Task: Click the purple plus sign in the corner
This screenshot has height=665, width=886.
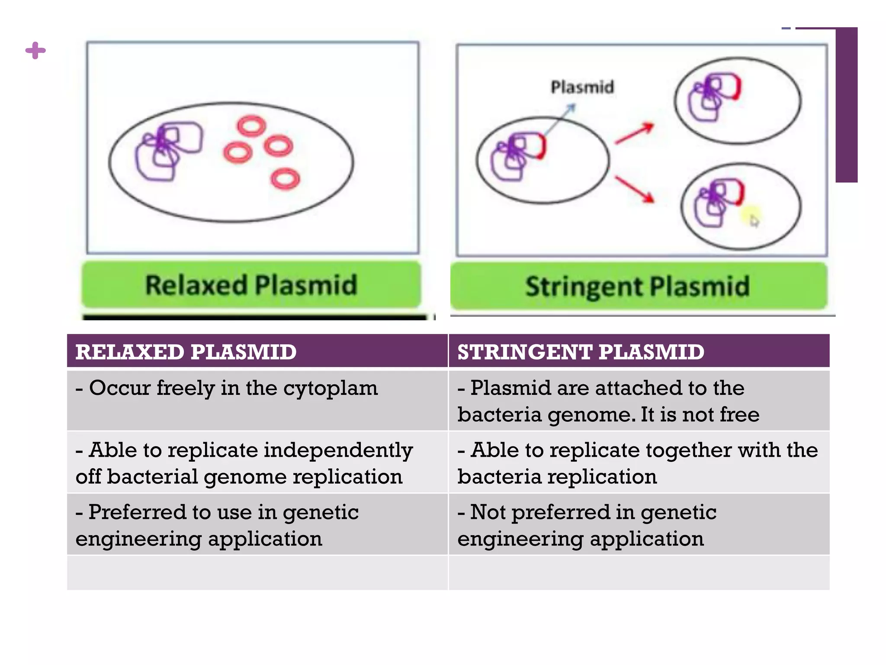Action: click(x=35, y=51)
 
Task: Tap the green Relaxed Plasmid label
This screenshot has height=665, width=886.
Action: click(x=251, y=285)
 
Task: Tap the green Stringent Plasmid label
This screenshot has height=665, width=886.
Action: click(x=638, y=286)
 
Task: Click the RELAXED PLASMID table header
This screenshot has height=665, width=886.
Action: click(x=186, y=352)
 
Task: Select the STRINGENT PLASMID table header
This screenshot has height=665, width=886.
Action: click(x=581, y=352)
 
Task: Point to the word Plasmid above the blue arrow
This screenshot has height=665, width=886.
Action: click(x=582, y=87)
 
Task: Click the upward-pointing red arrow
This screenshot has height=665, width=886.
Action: click(x=634, y=133)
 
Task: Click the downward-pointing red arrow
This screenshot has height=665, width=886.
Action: click(x=634, y=189)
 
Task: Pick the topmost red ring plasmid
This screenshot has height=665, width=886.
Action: click(x=251, y=126)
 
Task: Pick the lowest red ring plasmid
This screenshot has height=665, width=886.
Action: click(x=285, y=178)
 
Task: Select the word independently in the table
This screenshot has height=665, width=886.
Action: click(x=338, y=450)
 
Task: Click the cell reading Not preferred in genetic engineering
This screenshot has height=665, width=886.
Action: click(x=639, y=525)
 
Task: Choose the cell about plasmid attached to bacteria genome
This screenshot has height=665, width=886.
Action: click(x=639, y=401)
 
